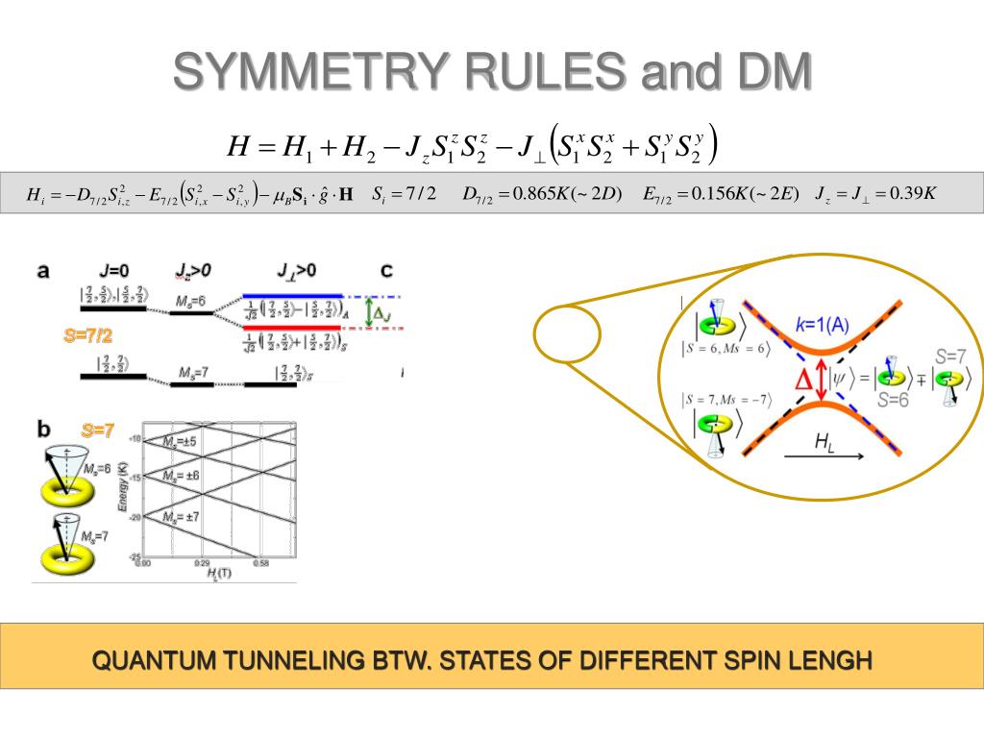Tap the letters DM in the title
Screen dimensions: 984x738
[x=768, y=72]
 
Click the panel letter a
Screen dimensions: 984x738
[x=43, y=271]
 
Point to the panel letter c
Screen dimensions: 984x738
[x=386, y=270]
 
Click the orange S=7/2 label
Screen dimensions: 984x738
[x=87, y=335]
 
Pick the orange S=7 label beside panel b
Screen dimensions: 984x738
[x=98, y=431]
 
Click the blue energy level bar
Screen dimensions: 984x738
[x=293, y=295]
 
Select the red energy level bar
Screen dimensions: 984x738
[x=293, y=328]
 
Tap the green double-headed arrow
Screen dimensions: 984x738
[x=368, y=311]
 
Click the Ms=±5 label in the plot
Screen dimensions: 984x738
[x=179, y=441]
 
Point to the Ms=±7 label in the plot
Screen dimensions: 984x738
[x=179, y=517]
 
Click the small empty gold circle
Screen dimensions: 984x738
[x=567, y=332]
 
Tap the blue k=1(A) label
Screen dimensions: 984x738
[x=823, y=324]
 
